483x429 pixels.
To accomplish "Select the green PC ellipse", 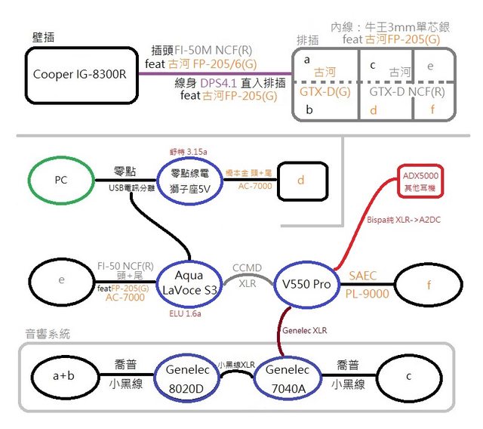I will (60, 181).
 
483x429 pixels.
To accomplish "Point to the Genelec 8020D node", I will (185, 375).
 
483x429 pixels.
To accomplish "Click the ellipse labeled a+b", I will (64, 375).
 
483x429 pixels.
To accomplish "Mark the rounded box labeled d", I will (301, 181).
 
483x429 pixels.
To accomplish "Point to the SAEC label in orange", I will (362, 276).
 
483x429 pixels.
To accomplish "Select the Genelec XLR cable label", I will (306, 329).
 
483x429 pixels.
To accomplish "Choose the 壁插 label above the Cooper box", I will (43, 36).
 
